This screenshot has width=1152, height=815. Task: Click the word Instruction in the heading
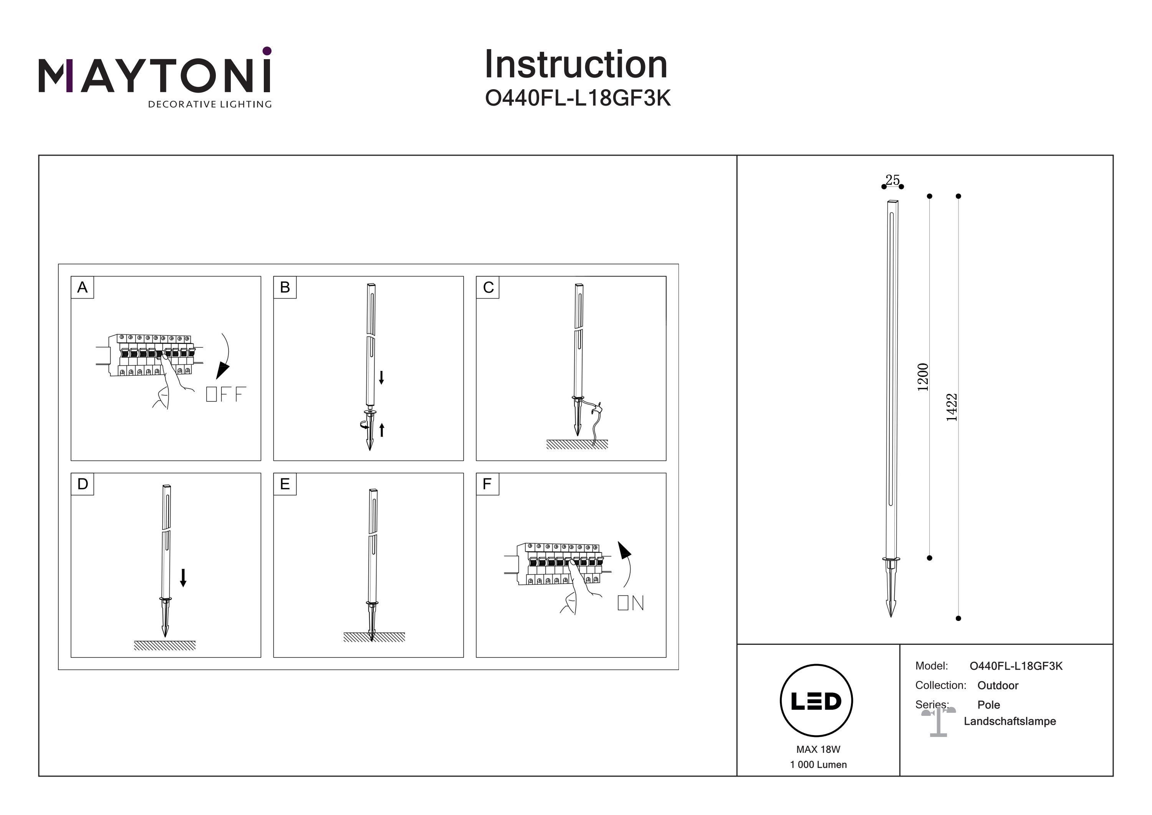point(576,65)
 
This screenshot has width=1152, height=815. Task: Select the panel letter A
point(82,287)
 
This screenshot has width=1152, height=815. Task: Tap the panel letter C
point(488,287)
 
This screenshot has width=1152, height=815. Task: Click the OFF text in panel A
point(226,394)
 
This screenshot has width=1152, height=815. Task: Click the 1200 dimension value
point(922,377)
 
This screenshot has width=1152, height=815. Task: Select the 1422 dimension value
point(951,407)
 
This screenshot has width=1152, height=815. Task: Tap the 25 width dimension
point(892,180)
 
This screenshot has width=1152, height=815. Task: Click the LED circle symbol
point(816,701)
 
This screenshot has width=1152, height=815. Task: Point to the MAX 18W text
point(818,749)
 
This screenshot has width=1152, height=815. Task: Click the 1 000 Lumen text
point(818,765)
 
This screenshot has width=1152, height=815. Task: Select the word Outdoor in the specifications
point(998,686)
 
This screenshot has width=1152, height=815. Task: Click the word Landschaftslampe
point(1010,721)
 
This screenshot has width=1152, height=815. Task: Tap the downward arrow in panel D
point(183,578)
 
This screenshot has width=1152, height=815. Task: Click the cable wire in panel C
point(596,422)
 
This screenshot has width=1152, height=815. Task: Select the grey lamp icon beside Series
point(938,722)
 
